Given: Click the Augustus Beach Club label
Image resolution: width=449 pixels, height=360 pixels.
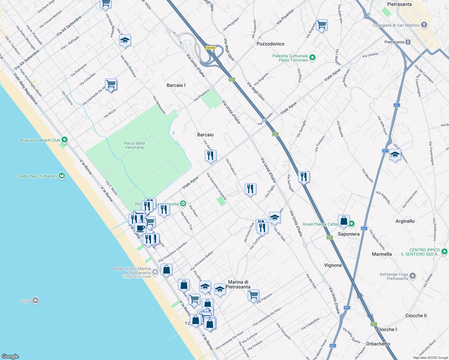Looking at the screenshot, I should [x=40, y=140].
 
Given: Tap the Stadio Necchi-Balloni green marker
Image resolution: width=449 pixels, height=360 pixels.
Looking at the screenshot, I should [x=62, y=176].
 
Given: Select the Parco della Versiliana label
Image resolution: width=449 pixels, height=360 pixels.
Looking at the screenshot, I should [x=134, y=145].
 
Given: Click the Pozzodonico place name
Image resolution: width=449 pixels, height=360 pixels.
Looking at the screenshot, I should [x=270, y=44].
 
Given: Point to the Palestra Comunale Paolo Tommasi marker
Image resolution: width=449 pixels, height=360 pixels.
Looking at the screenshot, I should [x=312, y=58].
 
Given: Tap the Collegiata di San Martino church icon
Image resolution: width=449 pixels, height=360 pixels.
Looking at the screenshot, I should [x=424, y=25].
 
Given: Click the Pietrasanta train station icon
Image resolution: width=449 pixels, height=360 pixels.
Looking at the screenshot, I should [x=408, y=42].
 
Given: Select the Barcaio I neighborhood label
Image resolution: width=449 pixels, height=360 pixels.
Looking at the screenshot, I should [x=176, y=85].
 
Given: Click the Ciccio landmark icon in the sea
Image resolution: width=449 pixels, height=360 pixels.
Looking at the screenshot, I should [x=35, y=300].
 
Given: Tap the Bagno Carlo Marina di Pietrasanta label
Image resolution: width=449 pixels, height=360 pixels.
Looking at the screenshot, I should [x=132, y=271].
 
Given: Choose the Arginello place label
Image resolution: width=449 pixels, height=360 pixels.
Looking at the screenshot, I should [x=405, y=221].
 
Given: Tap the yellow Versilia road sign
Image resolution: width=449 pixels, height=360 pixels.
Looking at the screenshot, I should [x=210, y=48].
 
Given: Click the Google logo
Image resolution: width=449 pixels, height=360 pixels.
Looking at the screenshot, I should [x=10, y=356].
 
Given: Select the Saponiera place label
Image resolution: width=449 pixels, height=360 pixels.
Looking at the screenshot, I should [x=348, y=234].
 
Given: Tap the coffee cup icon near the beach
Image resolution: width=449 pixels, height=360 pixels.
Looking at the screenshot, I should [x=140, y=228].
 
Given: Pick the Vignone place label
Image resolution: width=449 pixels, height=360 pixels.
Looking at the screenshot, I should [x=333, y=265].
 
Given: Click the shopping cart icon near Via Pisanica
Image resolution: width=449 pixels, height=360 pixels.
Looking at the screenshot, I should [x=321, y=25].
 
